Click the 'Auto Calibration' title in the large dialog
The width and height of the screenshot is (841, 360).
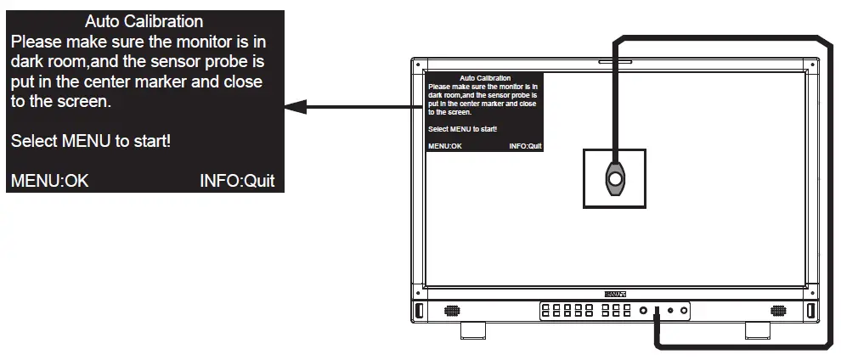pos(144,20)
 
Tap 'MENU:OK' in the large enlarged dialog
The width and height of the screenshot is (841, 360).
pos(49,181)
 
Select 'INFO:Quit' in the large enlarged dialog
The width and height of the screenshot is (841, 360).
pos(237,181)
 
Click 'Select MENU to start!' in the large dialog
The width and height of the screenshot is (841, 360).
pos(91,141)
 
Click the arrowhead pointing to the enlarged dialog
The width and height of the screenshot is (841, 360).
pos(295,108)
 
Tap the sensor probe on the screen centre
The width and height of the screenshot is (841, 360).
pos(613,177)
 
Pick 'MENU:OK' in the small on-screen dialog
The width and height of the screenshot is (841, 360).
pos(445,146)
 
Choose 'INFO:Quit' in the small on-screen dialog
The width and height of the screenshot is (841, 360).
pos(525,146)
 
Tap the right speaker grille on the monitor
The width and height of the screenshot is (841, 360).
pos(777,311)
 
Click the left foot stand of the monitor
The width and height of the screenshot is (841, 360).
pos(473,329)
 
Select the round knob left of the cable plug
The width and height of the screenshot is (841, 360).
pos(643,311)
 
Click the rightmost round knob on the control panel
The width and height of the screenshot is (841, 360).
pos(683,311)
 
